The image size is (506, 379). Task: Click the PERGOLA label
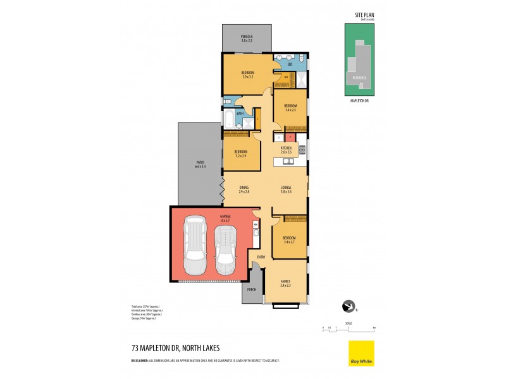tap(247, 37)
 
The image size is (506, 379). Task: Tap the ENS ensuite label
tap(290, 64)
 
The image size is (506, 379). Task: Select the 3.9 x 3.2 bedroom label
tap(247, 75)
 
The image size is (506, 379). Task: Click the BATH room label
tap(240, 114)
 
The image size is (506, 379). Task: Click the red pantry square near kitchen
tap(289, 136)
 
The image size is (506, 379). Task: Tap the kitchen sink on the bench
tap(288, 161)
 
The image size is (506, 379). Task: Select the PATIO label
tap(200, 164)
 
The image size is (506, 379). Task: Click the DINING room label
tap(244, 188)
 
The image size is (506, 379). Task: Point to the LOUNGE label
tap(286, 188)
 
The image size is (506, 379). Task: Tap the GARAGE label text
tap(225, 217)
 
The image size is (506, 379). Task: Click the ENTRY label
tap(261, 256)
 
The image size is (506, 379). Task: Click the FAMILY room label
tap(285, 281)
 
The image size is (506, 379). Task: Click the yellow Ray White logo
tap(361, 353)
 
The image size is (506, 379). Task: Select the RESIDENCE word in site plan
tap(358, 77)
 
